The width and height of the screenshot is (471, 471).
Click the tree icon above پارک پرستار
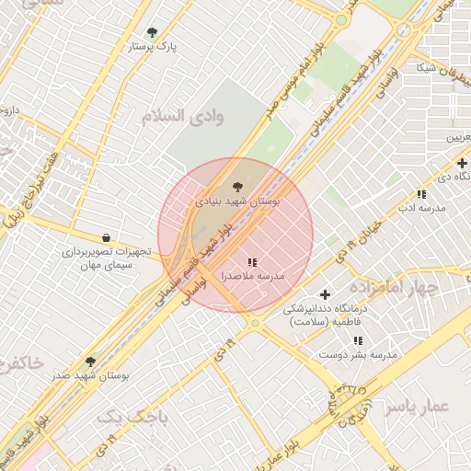coord(152,32)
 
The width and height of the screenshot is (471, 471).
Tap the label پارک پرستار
coord(153,45)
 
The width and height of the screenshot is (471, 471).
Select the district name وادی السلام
coord(183,117)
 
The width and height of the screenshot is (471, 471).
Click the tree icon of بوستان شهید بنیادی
coord(238,188)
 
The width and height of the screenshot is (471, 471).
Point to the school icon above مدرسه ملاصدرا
coord(252,263)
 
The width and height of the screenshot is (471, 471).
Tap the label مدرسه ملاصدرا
coord(252,276)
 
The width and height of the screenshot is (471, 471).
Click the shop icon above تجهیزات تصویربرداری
coord(106,238)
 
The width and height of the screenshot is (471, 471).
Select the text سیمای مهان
coord(107,264)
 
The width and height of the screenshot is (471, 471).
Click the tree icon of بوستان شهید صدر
coord(90,362)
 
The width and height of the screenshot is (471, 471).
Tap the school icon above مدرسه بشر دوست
coord(358,341)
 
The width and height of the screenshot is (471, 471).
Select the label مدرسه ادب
coord(421,208)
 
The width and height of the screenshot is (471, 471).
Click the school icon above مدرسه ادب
coord(421,194)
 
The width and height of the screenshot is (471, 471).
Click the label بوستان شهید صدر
coord(90,375)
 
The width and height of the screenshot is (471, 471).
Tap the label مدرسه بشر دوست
coord(358,354)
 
